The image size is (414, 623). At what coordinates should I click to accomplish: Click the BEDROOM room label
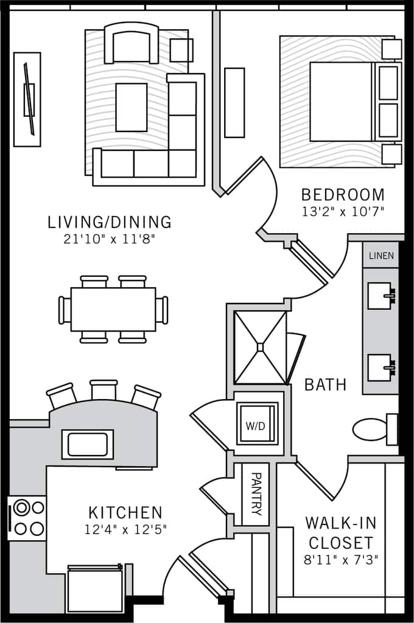point(343,195)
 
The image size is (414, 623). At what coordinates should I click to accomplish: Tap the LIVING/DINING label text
point(110,222)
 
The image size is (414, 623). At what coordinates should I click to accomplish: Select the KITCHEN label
point(125,512)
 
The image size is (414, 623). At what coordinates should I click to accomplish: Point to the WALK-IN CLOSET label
point(340,532)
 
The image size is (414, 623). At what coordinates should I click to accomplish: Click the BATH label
point(325,385)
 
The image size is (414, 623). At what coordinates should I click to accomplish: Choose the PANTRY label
point(256,493)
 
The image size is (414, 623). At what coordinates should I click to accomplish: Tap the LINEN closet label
point(381,256)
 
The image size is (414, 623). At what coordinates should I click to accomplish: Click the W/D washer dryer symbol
point(256,425)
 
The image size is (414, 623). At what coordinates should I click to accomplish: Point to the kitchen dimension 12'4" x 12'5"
point(125,529)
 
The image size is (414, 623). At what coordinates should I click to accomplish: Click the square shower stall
point(261,347)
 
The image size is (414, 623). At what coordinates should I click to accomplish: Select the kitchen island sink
point(87,444)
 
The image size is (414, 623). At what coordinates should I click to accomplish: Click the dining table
point(113,309)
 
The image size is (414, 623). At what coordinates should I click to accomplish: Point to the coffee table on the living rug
point(131,108)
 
